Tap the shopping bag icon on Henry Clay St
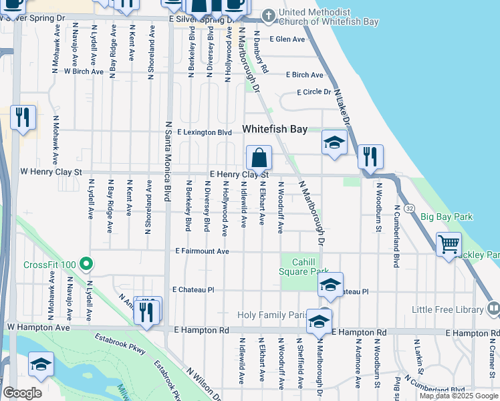(x=259, y=158)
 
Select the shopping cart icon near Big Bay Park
(x=449, y=243)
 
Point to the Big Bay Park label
(x=447, y=217)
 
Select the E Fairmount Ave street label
(x=202, y=251)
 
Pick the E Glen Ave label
(x=287, y=39)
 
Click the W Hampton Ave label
(x=38, y=327)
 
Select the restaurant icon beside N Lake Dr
(x=370, y=157)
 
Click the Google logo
(x=22, y=393)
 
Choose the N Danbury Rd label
(x=259, y=55)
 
